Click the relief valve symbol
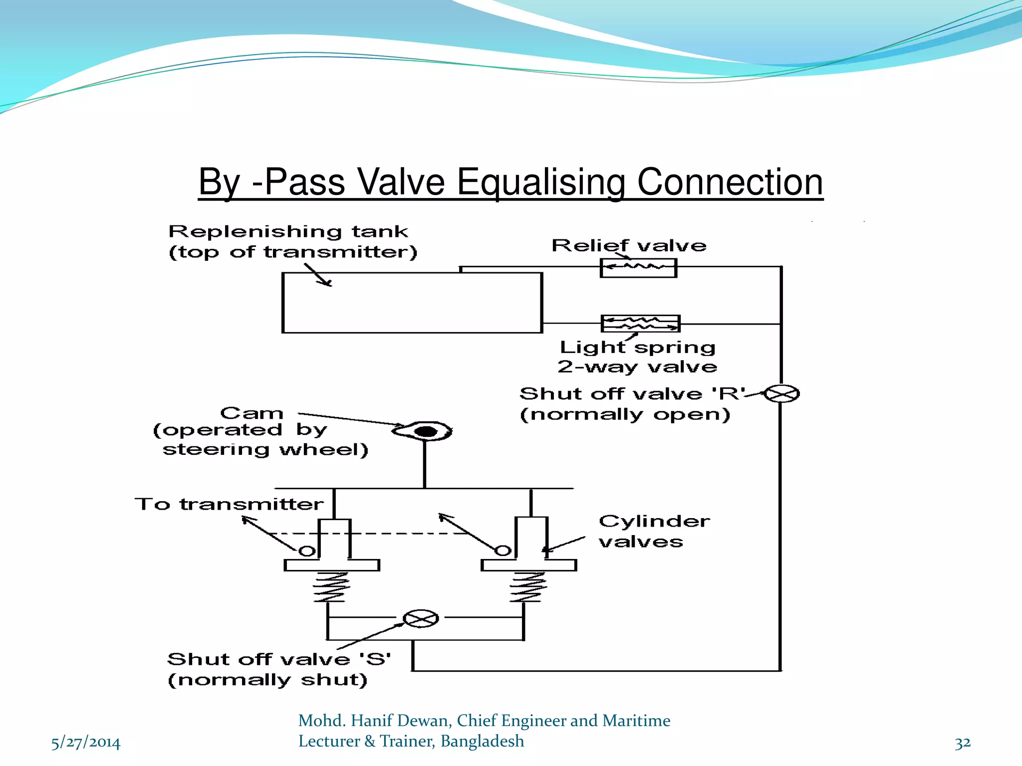[x=638, y=268]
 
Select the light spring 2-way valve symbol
[x=640, y=324]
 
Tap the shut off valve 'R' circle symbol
[x=782, y=394]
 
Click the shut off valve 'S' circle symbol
[x=421, y=619]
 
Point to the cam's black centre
[x=426, y=431]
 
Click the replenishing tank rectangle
[x=412, y=303]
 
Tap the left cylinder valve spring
[x=329, y=586]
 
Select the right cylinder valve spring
[x=527, y=586]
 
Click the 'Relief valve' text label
[x=629, y=245]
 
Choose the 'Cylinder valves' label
[x=654, y=532]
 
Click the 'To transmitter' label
[x=229, y=504]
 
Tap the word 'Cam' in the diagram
[x=252, y=413]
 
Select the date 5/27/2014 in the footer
[x=86, y=743]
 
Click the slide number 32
[x=963, y=743]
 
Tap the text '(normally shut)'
[x=267, y=680]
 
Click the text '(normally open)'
[x=625, y=414]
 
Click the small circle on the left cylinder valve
[x=307, y=551]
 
